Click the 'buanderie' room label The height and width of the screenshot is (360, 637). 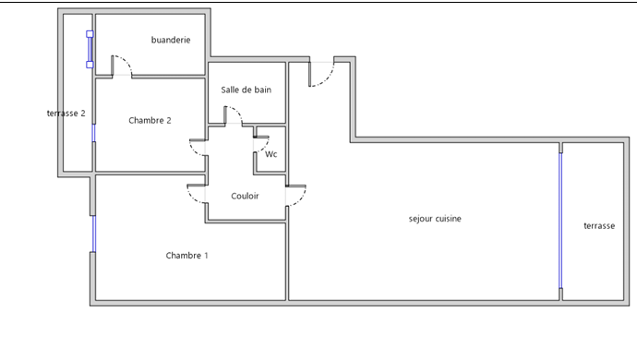tap(171, 40)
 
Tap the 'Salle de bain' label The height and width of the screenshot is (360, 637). tap(246, 90)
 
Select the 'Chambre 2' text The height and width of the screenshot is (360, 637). tap(150, 120)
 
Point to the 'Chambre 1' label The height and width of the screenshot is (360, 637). tap(186, 256)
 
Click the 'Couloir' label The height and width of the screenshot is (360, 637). tap(245, 196)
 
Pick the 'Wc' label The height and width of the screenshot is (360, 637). tap(271, 154)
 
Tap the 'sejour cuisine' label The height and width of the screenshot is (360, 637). tap(435, 219)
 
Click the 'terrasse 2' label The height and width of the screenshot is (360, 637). tap(66, 114)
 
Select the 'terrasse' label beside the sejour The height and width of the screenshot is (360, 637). tap(599, 226)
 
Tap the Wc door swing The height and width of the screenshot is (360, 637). tap(264, 147)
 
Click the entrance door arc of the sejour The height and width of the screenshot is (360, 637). tap(327, 78)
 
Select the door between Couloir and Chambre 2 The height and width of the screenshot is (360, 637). tap(194, 151)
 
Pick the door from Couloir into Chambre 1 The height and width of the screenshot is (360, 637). tap(192, 198)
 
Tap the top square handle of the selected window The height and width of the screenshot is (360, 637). tap(90, 34)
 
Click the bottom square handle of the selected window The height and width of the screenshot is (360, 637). tap(90, 65)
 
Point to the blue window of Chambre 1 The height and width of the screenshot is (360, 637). tap(94, 234)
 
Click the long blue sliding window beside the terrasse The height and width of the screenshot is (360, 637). tap(560, 221)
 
